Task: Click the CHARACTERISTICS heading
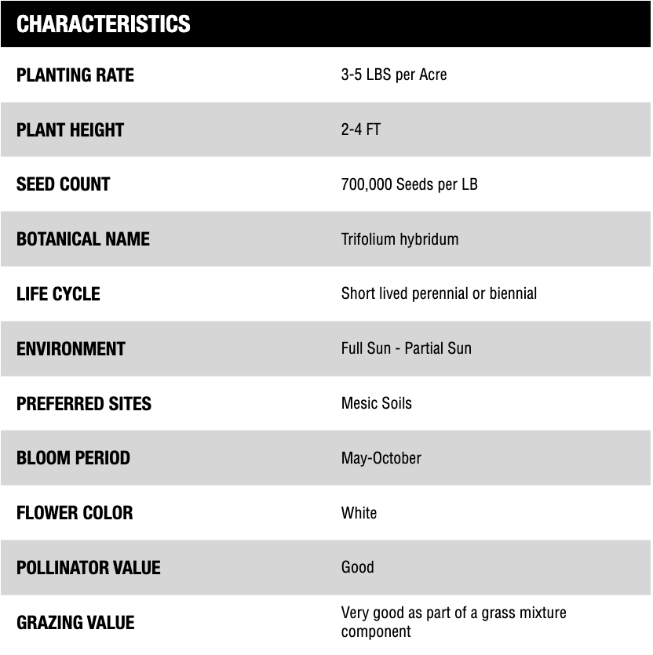[x=103, y=24]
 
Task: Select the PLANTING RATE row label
[x=75, y=75]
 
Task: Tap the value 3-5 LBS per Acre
[x=394, y=75]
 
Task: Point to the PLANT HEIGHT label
[x=70, y=130]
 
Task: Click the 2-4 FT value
[x=360, y=129]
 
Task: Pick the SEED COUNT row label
[x=63, y=184]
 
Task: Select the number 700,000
[x=367, y=185]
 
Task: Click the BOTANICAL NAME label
[x=82, y=239]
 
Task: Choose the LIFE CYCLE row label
[x=58, y=294]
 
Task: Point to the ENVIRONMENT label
[x=71, y=348]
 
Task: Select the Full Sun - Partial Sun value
[x=406, y=348]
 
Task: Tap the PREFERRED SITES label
[x=84, y=403]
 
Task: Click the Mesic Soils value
[x=376, y=403]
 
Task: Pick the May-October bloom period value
[x=381, y=458]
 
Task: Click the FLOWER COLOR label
[x=75, y=513]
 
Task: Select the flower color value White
[x=359, y=513]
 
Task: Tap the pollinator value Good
[x=357, y=567]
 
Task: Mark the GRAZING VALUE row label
[x=75, y=623]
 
